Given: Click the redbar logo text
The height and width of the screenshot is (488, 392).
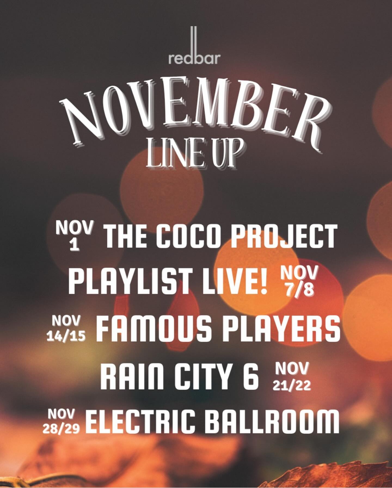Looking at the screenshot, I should point(194,58).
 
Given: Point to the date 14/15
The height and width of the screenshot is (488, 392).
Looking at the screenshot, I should point(66,336).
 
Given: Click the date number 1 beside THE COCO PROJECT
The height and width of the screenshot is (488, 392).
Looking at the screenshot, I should point(74,245).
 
